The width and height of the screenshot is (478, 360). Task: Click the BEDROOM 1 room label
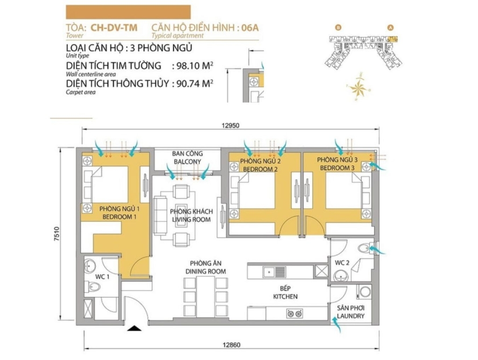pos(119,217)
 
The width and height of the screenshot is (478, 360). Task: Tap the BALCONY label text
pos(188,162)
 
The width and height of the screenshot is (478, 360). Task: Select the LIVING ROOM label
pos(191,219)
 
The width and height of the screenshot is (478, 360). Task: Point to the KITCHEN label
pos(285,296)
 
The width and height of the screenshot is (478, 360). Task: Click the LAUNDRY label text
pos(351,316)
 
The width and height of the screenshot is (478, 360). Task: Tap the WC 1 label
pos(102,277)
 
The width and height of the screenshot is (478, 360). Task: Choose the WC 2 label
pos(342,263)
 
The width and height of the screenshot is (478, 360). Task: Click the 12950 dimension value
pos(231,126)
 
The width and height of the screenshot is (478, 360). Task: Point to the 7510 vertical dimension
pos(57,234)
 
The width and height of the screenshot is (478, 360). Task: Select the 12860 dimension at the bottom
pos(232,345)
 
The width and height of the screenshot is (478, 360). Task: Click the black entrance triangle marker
pos(134,328)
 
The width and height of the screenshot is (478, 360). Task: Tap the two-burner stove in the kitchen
pos(295,313)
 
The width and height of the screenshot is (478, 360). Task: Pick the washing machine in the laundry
pos(365,292)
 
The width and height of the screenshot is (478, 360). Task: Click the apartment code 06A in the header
pos(250,28)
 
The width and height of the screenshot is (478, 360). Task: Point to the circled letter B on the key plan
pos(338,28)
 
